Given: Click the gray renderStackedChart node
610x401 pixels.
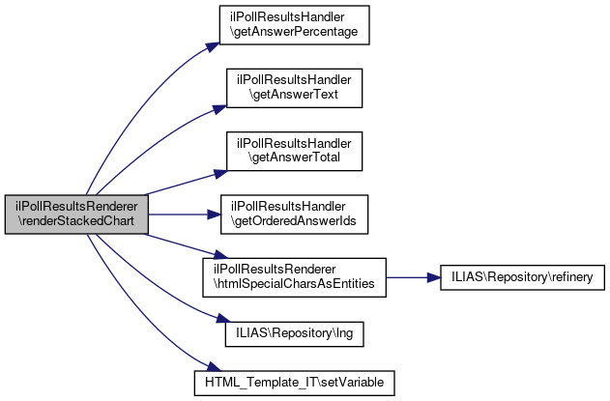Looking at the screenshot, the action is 76,215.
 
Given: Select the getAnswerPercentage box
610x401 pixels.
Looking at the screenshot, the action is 294,25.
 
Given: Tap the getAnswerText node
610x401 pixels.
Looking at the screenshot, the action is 294,88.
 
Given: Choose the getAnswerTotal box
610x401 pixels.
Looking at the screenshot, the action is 294,152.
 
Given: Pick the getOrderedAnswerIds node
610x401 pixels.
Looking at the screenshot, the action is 294,215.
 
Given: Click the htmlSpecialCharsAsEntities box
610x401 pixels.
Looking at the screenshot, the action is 294,277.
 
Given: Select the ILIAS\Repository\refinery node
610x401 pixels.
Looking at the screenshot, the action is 522,277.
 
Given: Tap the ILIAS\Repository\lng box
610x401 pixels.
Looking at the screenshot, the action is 294,333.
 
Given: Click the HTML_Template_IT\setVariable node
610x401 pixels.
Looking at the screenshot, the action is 294,383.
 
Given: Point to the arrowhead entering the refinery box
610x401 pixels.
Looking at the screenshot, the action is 434,277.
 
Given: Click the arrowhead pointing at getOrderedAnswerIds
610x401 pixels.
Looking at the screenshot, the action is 214,215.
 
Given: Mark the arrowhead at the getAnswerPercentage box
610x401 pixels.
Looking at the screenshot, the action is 214,46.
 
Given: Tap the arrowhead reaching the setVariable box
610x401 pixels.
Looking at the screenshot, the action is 214,366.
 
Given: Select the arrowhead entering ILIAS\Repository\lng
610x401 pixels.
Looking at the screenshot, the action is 223,319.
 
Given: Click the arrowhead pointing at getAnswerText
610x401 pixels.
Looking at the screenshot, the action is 219,109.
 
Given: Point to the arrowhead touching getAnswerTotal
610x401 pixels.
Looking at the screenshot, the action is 220,174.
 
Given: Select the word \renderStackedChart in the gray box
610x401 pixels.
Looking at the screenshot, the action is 76,221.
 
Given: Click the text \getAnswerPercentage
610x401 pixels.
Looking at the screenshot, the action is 294,32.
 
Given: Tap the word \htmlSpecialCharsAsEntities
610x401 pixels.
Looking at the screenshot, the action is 294,284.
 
